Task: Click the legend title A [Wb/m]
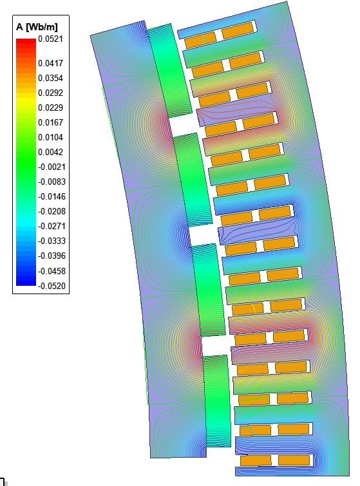(x=37, y=27)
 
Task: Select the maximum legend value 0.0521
(x=50, y=39)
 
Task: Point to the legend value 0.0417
(x=50, y=63)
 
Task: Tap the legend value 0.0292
(x=50, y=93)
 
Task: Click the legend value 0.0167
(x=50, y=122)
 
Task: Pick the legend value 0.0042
(x=50, y=152)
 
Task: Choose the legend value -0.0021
(x=52, y=167)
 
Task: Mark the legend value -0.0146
(x=52, y=196)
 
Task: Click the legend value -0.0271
(x=52, y=226)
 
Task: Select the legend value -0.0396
(x=52, y=256)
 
